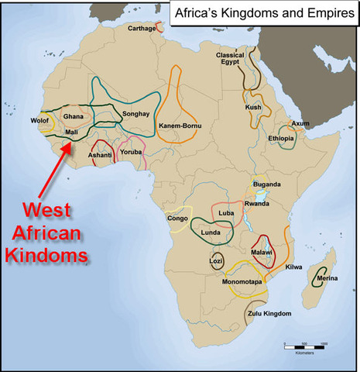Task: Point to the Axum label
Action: [x=301, y=123]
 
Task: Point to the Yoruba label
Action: [x=132, y=152]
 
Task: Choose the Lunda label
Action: [x=212, y=231]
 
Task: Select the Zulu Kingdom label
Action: [x=270, y=313]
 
